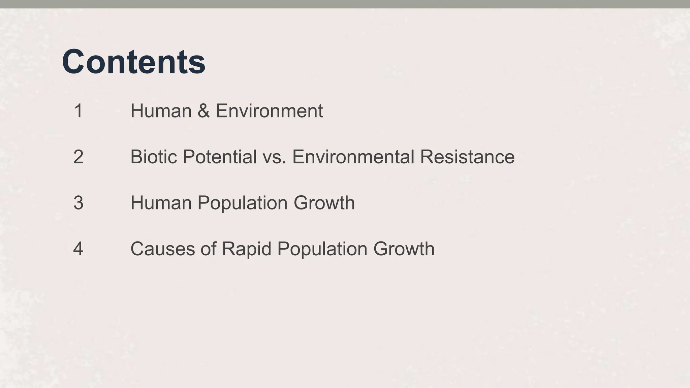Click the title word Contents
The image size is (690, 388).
click(x=133, y=62)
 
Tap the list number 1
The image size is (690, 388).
click(x=78, y=111)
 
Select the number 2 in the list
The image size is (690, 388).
click(x=78, y=157)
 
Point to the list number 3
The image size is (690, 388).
click(x=78, y=203)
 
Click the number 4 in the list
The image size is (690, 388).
click(x=78, y=249)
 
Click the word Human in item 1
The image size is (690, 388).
click(x=161, y=111)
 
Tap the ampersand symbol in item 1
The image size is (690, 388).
click(x=203, y=111)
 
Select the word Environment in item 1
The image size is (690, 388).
click(x=269, y=111)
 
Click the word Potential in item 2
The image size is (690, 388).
click(x=220, y=157)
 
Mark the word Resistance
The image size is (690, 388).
click(x=467, y=157)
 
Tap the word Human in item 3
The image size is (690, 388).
click(x=161, y=203)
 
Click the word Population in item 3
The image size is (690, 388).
click(x=243, y=203)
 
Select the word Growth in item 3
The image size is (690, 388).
click(x=324, y=203)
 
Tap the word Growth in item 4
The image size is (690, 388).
click(x=404, y=249)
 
